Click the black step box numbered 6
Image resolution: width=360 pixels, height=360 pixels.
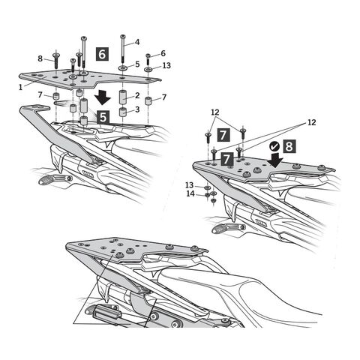(x=102, y=54)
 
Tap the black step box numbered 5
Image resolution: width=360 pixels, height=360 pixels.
(x=103, y=117)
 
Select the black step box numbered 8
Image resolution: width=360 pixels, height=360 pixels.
(x=289, y=146)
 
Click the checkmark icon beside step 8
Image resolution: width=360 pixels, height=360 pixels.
(x=274, y=146)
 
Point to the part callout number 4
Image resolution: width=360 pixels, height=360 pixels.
(x=137, y=42)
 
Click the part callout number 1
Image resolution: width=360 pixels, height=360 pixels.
(x=21, y=87)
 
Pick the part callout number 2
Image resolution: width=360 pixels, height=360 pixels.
(x=137, y=95)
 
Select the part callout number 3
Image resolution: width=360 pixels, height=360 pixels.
(x=137, y=109)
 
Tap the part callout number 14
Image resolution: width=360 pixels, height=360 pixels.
(x=190, y=193)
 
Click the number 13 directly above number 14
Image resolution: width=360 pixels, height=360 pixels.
(x=190, y=185)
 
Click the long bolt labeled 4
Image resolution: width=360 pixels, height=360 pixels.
(x=122, y=49)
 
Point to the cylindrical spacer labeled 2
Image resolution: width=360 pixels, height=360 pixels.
(x=122, y=97)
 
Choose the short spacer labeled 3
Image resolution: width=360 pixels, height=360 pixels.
(x=122, y=112)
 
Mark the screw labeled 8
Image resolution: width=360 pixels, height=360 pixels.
(x=56, y=61)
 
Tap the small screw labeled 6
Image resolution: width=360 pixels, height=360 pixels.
(x=148, y=59)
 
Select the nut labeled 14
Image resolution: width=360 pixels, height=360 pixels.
(x=207, y=194)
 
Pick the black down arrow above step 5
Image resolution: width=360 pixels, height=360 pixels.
(x=103, y=98)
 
